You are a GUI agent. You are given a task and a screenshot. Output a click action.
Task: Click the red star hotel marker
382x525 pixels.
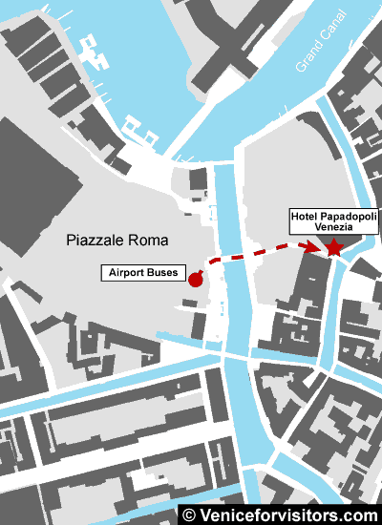click(x=333, y=248)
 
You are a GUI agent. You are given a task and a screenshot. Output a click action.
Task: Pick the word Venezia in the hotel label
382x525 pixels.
click(x=334, y=230)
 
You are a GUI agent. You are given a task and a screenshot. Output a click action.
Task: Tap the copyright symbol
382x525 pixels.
click(x=189, y=514)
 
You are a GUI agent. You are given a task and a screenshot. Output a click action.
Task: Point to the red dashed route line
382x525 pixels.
click(x=253, y=254)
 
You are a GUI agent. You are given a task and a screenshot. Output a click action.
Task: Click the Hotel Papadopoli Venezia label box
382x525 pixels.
click(x=334, y=224)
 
